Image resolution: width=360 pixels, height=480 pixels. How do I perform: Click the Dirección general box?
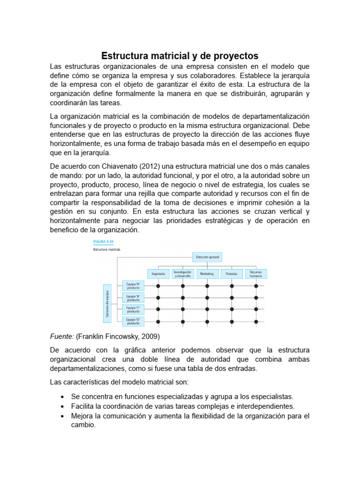207,257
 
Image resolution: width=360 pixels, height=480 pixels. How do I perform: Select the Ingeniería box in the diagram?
158,273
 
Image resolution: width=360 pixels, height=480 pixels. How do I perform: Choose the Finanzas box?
232,273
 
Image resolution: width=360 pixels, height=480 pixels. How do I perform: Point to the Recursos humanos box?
256,273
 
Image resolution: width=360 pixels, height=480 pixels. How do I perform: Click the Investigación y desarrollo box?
182,273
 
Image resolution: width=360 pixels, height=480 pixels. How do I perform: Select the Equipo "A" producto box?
134,285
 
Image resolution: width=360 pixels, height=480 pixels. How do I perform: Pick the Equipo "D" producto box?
134,321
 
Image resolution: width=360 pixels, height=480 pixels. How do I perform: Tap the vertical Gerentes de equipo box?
107,304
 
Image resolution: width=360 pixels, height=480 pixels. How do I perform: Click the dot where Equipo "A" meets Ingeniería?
158,285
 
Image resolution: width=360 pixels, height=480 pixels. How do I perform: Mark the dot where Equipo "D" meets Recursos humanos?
256,322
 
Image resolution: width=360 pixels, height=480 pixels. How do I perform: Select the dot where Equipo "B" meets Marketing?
207,298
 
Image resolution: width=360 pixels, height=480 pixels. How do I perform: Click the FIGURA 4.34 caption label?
103,242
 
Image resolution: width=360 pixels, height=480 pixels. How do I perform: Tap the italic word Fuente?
62,336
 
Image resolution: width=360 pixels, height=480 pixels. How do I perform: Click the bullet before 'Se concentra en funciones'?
62,397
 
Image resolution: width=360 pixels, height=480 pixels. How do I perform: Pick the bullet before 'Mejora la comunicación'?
62,416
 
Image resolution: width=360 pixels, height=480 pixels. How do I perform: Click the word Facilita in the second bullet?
82,406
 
